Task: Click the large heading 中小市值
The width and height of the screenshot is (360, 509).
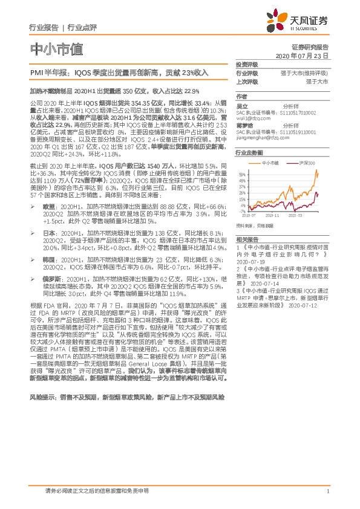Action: pyautogui.click(x=55, y=48)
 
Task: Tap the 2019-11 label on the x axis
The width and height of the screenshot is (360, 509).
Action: pyautogui.click(x=273, y=215)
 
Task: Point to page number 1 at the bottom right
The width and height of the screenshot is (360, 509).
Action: pyautogui.click(x=327, y=492)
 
